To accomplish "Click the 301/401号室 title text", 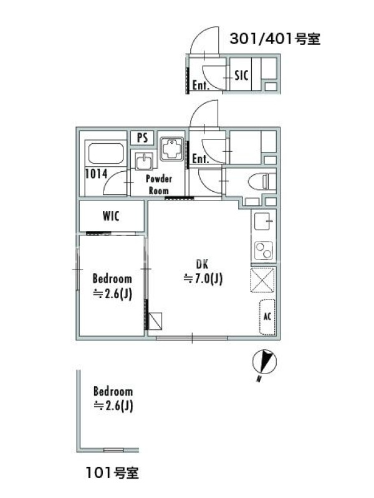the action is pyautogui.click(x=275, y=39).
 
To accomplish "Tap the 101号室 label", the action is pyautogui.click(x=112, y=473).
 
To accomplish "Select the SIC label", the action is pyautogui.click(x=241, y=75).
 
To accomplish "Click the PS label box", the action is pyautogui.click(x=143, y=138).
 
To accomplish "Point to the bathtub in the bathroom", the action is pyautogui.click(x=105, y=153).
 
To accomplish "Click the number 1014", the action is pyautogui.click(x=97, y=174).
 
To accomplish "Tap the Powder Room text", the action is pyautogui.click(x=159, y=184).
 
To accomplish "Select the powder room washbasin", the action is pyautogui.click(x=144, y=161).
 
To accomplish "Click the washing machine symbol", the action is pyautogui.click(x=171, y=149).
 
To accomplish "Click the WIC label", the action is pyautogui.click(x=111, y=216).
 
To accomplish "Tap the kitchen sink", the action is pyautogui.click(x=263, y=220).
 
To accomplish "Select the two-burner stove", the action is pyautogui.click(x=263, y=250).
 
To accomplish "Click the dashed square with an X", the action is pyautogui.click(x=262, y=280).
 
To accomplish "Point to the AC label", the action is pyautogui.click(x=267, y=316).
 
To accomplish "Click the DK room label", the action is pyautogui.click(x=202, y=264).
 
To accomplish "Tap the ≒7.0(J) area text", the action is pyautogui.click(x=203, y=279).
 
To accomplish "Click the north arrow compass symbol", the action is pyautogui.click(x=264, y=363).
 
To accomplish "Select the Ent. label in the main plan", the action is pyautogui.click(x=200, y=159).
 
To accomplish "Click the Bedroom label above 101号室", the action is pyautogui.click(x=113, y=392).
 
